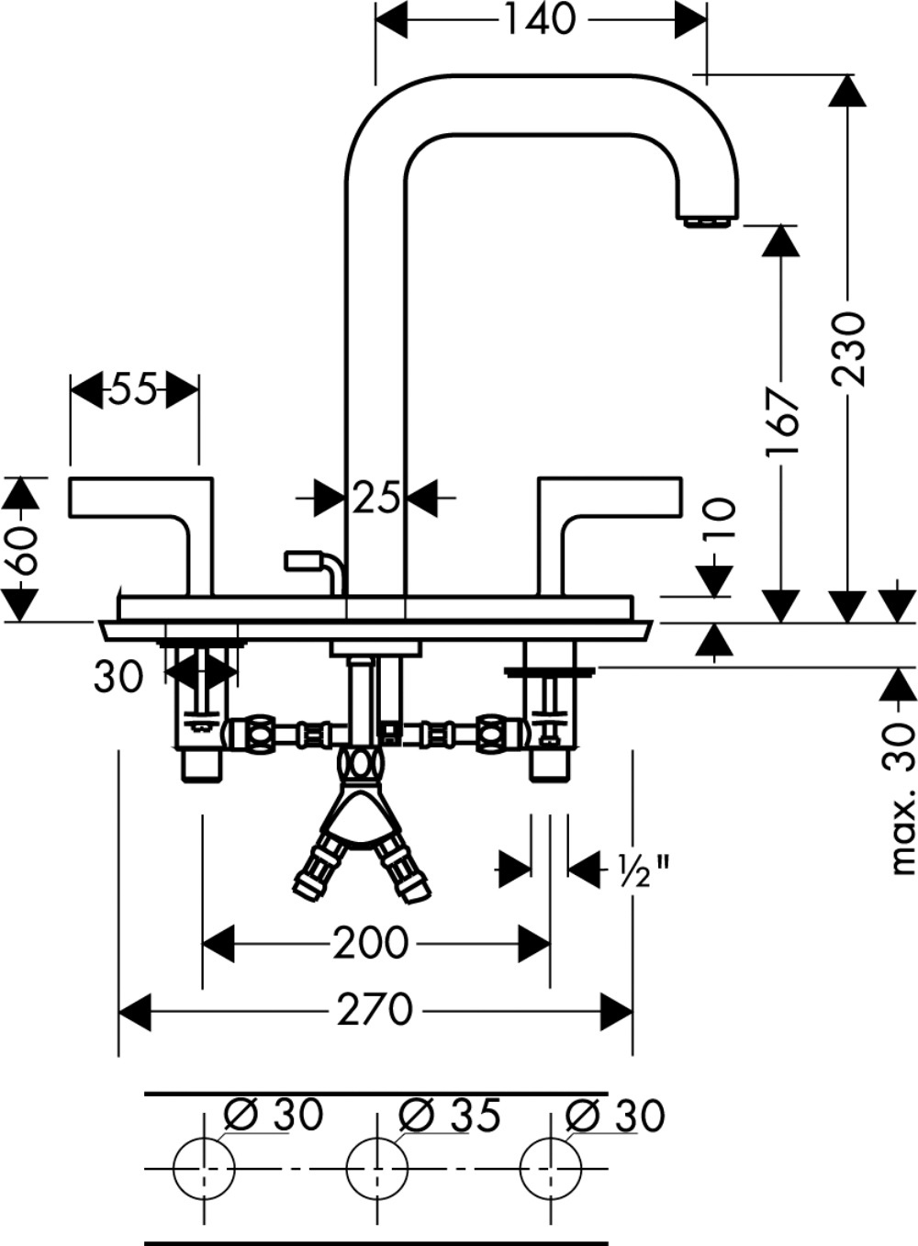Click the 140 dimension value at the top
(x=541, y=19)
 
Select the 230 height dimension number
(x=848, y=349)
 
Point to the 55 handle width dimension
(x=133, y=389)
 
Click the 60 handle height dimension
(x=21, y=551)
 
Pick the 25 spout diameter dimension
(x=375, y=498)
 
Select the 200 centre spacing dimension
(x=371, y=943)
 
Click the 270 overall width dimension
(x=375, y=1010)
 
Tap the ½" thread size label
(x=644, y=885)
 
